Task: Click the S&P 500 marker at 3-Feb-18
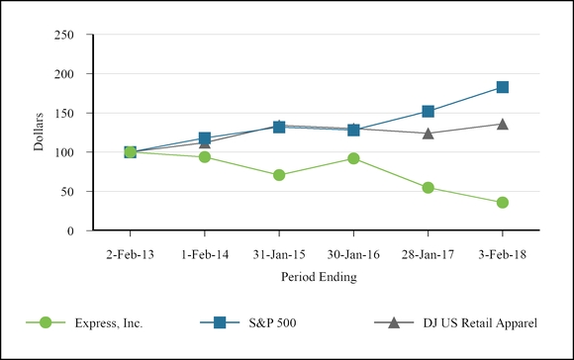click(x=503, y=87)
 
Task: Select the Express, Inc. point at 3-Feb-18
click(x=503, y=203)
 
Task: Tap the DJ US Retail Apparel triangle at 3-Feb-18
click(x=503, y=124)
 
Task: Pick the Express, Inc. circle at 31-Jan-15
click(x=279, y=175)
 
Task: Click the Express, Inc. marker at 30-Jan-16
click(x=353, y=158)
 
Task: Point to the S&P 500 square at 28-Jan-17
click(x=428, y=112)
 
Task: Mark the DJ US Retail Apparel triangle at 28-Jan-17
click(x=428, y=133)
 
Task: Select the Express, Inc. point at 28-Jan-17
click(x=428, y=188)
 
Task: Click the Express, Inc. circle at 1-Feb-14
click(x=205, y=157)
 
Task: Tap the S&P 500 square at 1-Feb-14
click(x=205, y=138)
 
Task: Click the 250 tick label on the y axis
click(x=65, y=35)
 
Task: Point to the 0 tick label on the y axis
click(x=72, y=230)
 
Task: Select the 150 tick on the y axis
click(x=65, y=113)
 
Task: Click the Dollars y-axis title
click(x=39, y=133)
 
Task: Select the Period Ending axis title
click(x=317, y=277)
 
